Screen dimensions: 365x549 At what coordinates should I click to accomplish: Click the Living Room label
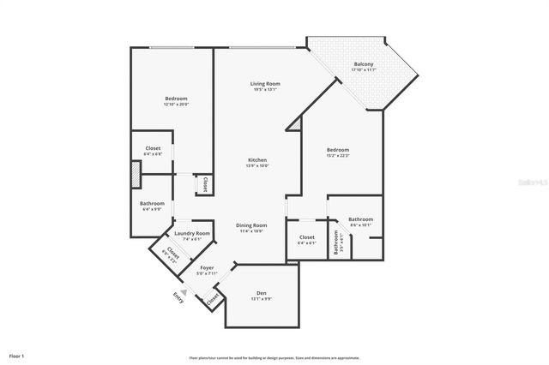click(265, 84)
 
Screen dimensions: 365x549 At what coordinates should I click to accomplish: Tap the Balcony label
click(363, 65)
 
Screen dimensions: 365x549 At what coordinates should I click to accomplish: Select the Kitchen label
click(257, 160)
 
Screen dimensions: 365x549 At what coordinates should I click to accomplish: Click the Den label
click(262, 293)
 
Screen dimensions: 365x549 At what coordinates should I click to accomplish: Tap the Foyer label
click(207, 268)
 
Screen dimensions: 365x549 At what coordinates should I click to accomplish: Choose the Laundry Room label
click(191, 233)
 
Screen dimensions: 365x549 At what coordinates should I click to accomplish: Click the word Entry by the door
click(178, 298)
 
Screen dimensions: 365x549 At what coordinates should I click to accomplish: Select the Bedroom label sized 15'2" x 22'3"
click(337, 150)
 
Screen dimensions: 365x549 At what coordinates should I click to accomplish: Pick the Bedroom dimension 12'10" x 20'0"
click(176, 105)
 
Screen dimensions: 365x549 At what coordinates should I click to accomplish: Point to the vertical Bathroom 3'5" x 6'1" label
click(337, 243)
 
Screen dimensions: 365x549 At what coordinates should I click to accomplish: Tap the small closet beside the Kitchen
click(205, 184)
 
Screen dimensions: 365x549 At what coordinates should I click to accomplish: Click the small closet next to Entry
click(212, 298)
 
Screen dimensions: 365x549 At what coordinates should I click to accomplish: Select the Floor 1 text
click(17, 355)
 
